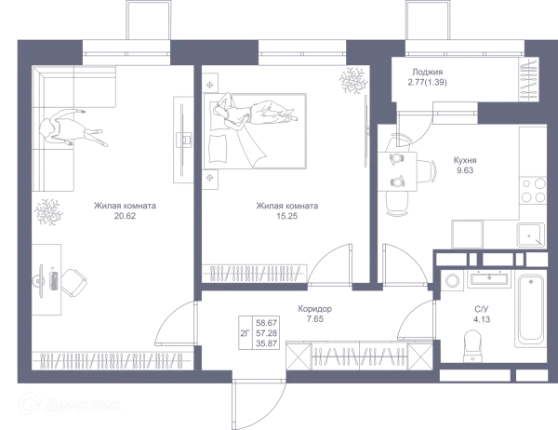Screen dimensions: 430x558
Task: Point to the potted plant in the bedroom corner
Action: (353, 81)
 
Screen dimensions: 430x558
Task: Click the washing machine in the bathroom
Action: (454, 281)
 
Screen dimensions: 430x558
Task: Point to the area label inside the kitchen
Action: (462, 167)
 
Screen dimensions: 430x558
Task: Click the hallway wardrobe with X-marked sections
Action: (358, 354)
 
